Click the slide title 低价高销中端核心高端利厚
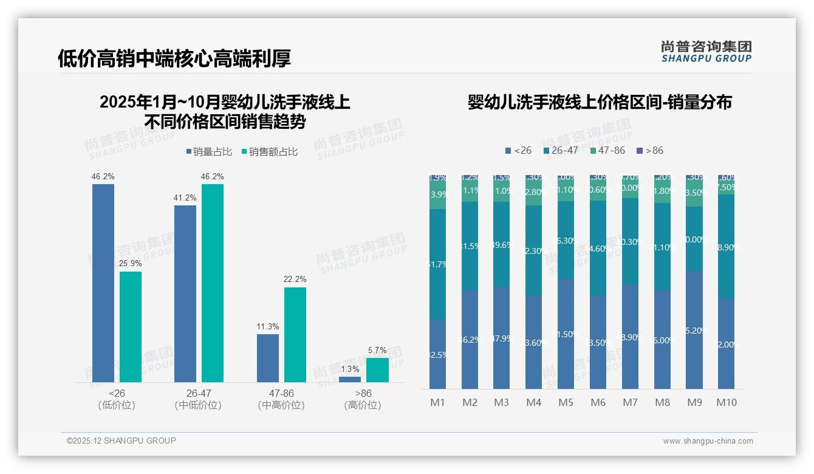click(x=174, y=58)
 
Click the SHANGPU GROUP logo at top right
click(x=706, y=52)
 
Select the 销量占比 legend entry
click(x=209, y=152)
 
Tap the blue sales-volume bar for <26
click(x=103, y=283)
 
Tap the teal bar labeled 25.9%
click(x=131, y=326)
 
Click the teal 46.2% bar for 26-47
click(x=213, y=283)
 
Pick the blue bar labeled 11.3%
click(x=268, y=358)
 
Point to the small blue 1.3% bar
click(x=350, y=379)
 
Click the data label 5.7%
click(x=377, y=351)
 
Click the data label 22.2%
click(x=295, y=280)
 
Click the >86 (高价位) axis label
click(x=363, y=399)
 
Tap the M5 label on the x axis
click(x=566, y=402)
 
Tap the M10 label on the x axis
click(x=726, y=402)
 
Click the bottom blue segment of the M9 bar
click(x=694, y=329)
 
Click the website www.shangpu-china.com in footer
click(x=708, y=441)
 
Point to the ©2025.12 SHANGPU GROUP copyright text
click(x=121, y=441)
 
